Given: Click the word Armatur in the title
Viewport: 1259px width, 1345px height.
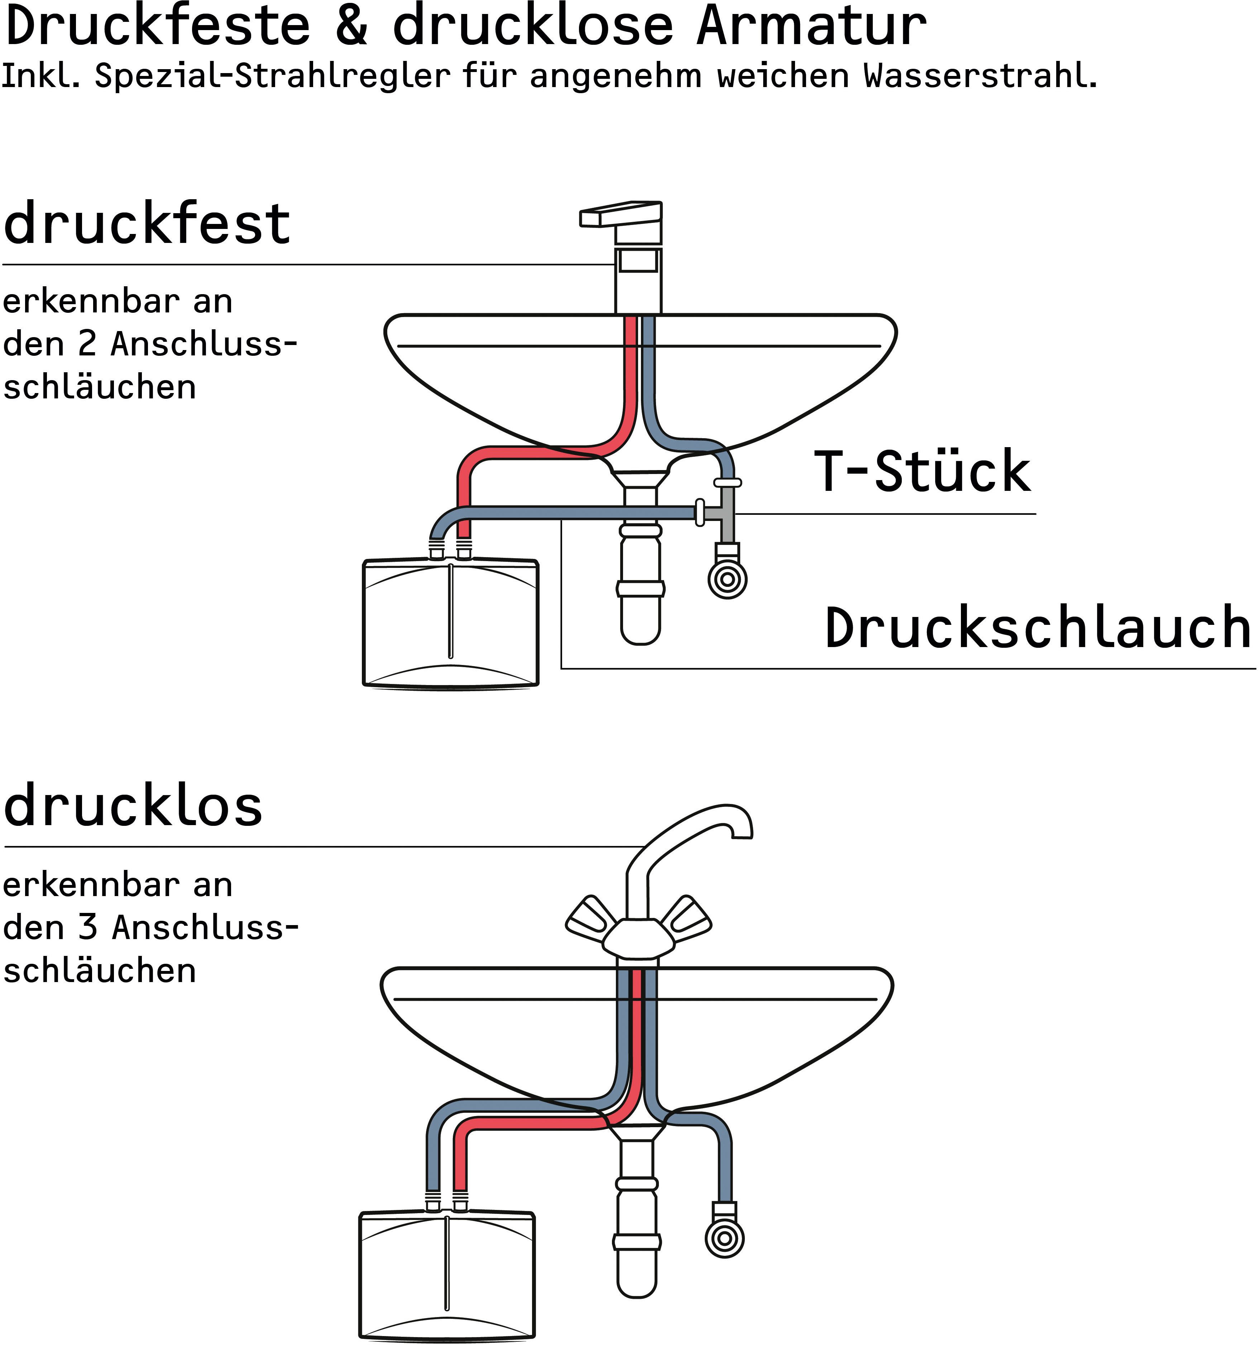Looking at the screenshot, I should pyautogui.click(x=810, y=27).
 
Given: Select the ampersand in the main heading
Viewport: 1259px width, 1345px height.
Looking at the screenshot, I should pyautogui.click(x=351, y=27).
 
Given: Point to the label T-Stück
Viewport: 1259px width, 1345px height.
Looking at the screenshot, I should pyautogui.click(x=923, y=472).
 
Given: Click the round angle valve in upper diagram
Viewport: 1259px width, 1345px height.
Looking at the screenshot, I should pyautogui.click(x=727, y=579).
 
